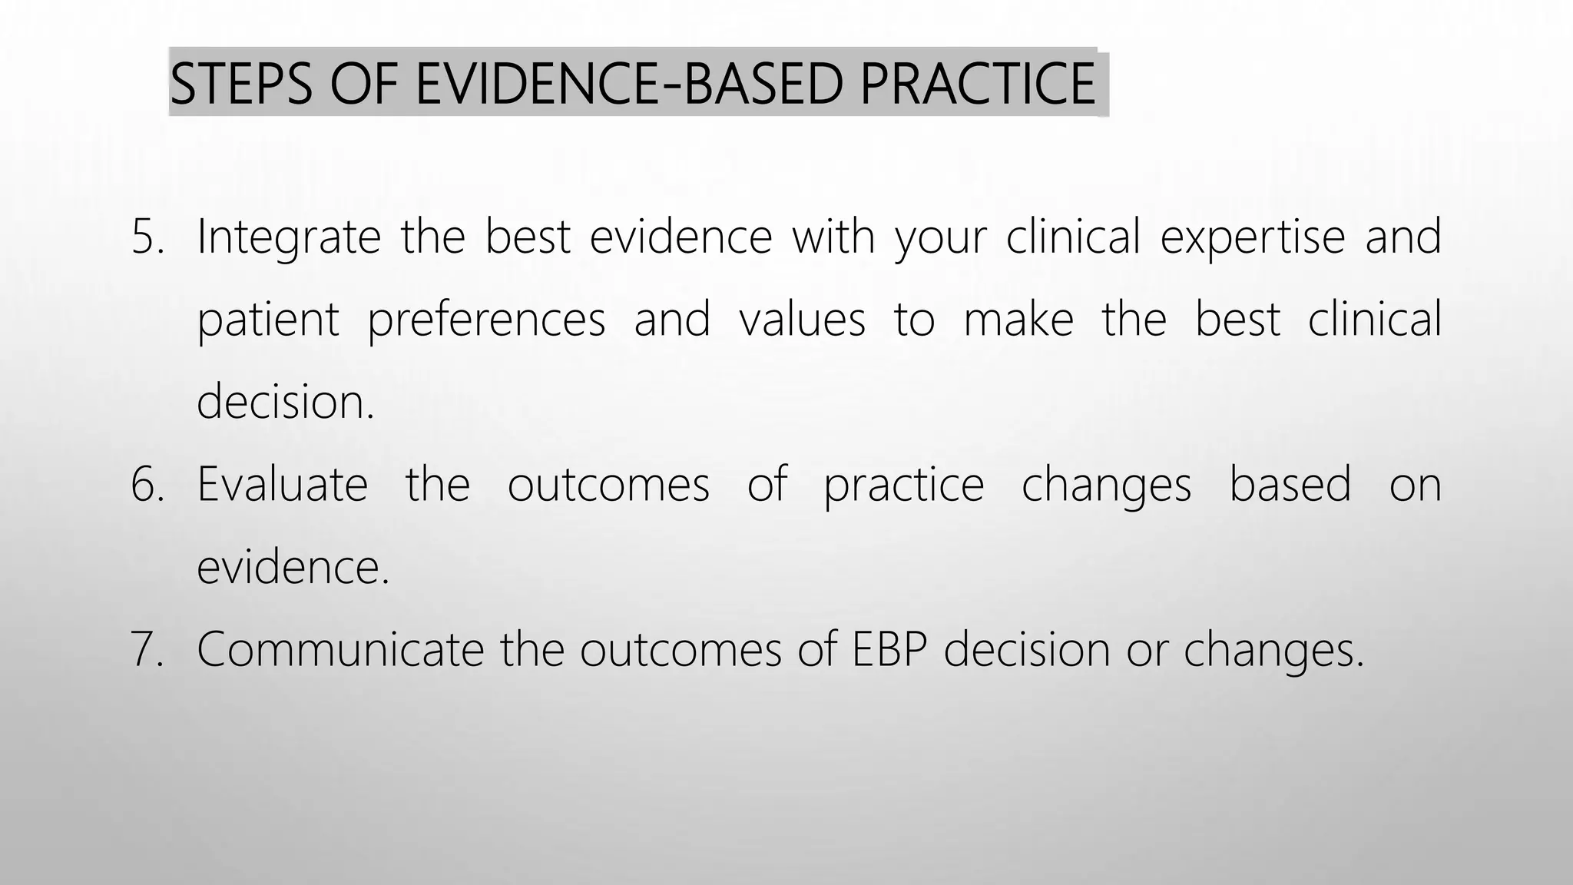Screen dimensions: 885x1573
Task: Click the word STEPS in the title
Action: (x=241, y=84)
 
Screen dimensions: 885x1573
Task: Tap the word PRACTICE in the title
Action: (x=978, y=84)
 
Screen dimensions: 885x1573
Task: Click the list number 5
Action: (x=147, y=237)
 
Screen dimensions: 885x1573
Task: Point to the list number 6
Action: (x=147, y=485)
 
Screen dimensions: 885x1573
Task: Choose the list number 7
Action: (x=147, y=649)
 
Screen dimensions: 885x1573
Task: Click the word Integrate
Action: (x=289, y=237)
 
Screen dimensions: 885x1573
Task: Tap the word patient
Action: (x=268, y=320)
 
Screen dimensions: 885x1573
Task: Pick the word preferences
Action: (x=486, y=320)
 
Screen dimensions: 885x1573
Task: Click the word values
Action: (x=802, y=319)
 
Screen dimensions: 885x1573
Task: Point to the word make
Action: (x=1018, y=319)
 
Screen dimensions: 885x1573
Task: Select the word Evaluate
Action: (x=283, y=485)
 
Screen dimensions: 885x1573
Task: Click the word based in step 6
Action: (x=1290, y=485)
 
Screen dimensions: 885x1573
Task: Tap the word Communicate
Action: (x=340, y=649)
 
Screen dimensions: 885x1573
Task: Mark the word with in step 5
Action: (x=833, y=237)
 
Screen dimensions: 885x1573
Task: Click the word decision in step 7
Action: (x=1027, y=649)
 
